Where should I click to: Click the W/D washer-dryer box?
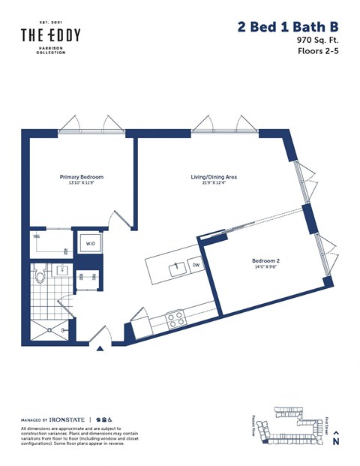(91, 243)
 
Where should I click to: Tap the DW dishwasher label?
(196, 266)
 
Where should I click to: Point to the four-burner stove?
(175, 319)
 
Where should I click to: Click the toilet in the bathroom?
(42, 274)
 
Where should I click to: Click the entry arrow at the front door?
(100, 348)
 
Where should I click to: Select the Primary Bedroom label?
(81, 177)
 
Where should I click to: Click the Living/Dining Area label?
(214, 177)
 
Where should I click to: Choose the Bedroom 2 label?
(266, 261)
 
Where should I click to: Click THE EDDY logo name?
(50, 35)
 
